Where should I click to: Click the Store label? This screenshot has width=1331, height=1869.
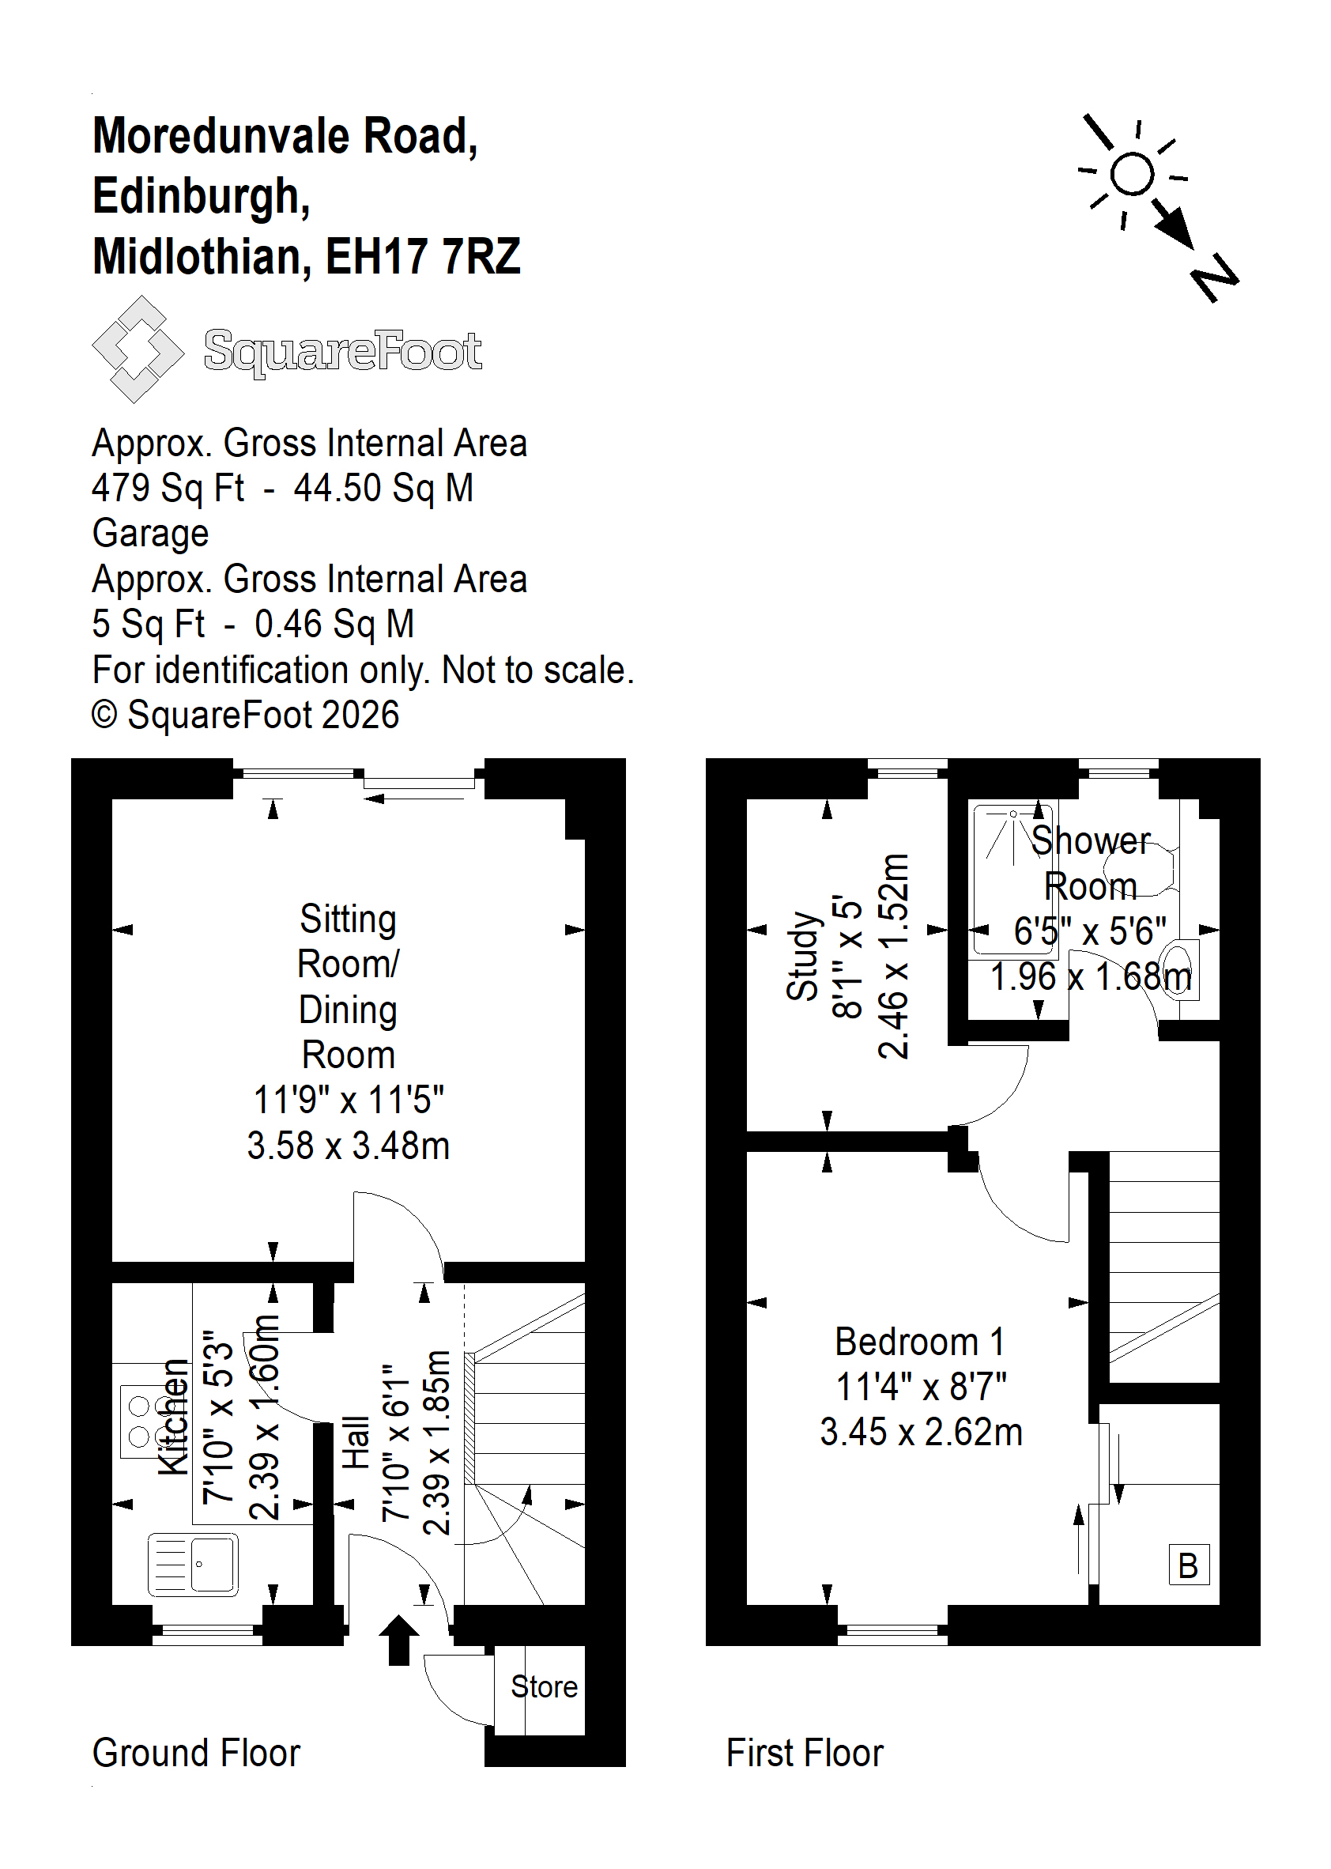(x=545, y=1686)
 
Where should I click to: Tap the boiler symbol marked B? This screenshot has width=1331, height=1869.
(x=1189, y=1565)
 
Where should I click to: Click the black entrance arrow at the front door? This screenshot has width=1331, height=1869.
(x=399, y=1640)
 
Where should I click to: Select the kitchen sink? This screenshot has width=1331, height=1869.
(x=194, y=1564)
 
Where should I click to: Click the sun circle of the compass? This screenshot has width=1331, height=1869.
(x=1133, y=174)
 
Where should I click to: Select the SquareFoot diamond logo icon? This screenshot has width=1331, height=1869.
(x=138, y=349)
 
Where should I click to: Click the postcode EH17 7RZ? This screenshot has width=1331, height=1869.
(x=423, y=257)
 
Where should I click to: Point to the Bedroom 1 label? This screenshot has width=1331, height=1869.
(x=920, y=1342)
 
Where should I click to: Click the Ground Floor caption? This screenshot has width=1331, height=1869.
(x=196, y=1754)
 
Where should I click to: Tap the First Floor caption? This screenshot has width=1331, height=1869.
(x=805, y=1754)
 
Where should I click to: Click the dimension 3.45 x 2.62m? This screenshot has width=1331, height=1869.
(x=922, y=1432)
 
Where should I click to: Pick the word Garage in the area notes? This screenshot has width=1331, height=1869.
(x=151, y=534)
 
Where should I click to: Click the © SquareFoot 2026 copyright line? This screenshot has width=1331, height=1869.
(x=245, y=715)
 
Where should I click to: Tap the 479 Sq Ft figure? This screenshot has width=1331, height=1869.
(x=168, y=489)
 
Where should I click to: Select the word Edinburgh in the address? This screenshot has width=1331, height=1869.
(x=202, y=198)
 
